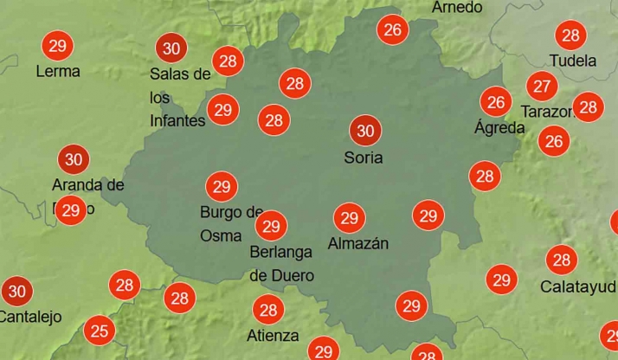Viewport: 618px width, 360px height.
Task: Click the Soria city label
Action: [x=364, y=157]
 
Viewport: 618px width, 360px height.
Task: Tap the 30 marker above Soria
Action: [x=365, y=131]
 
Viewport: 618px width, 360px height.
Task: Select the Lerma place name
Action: [x=58, y=72]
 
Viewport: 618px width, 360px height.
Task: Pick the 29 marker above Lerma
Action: [x=58, y=45]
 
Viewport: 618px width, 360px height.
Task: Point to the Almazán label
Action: [x=357, y=244]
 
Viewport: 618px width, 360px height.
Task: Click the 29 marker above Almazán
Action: [x=350, y=217]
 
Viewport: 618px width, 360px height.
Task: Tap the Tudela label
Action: [x=573, y=61]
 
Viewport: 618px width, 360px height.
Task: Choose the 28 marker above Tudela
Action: [x=570, y=35]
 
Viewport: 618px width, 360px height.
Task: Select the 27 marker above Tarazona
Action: [x=543, y=86]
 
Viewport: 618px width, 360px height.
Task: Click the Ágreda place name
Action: [x=499, y=128]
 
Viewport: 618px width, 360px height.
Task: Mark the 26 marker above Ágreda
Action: [x=496, y=102]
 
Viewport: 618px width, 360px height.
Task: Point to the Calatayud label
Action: [x=578, y=286]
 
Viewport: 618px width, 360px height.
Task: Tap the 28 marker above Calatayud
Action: [x=562, y=259]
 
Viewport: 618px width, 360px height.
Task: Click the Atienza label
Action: [x=272, y=336]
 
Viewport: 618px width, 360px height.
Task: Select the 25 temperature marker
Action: [x=100, y=330]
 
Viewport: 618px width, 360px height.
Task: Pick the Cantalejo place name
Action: [x=29, y=317]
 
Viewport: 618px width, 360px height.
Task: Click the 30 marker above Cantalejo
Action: [x=16, y=291]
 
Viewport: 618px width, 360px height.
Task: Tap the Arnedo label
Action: [x=457, y=8]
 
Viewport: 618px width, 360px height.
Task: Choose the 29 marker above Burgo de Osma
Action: [x=221, y=186]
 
